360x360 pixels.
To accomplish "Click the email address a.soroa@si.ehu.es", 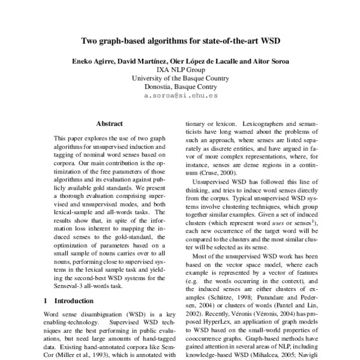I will click(x=181, y=95).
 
